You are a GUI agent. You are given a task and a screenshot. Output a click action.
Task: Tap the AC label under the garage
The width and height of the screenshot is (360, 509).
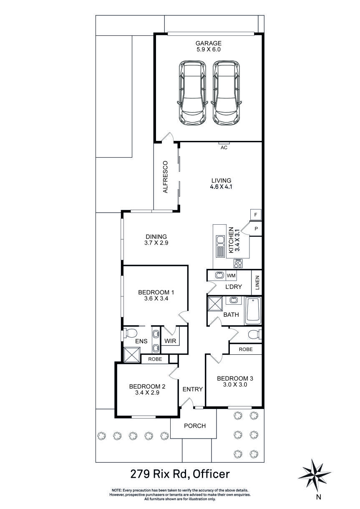click(x=224, y=148)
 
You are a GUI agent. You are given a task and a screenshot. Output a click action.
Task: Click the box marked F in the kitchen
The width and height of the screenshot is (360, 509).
click(x=255, y=214)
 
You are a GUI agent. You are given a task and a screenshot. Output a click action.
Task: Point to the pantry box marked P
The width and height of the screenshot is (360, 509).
click(x=256, y=228)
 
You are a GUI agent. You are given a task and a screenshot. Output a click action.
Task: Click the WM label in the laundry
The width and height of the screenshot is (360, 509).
click(x=231, y=276)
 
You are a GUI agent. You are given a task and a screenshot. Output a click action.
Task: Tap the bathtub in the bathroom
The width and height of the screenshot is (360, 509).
click(x=253, y=311)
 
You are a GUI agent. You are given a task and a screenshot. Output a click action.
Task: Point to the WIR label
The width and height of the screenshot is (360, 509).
click(x=170, y=341)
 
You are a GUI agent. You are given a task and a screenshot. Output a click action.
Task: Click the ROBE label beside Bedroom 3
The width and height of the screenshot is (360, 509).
click(x=246, y=349)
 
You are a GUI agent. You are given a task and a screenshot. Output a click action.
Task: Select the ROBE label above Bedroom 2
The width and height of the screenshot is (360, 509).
click(x=155, y=359)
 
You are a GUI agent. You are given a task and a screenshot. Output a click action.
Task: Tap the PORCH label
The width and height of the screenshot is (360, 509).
click(x=194, y=426)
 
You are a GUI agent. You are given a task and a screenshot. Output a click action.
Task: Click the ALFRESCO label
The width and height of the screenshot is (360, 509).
click(x=165, y=176)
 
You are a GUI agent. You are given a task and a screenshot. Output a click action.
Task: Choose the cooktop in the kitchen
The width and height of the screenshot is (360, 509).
click(x=238, y=263)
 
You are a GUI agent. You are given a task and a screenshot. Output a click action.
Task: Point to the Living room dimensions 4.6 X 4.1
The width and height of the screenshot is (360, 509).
click(x=221, y=187)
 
